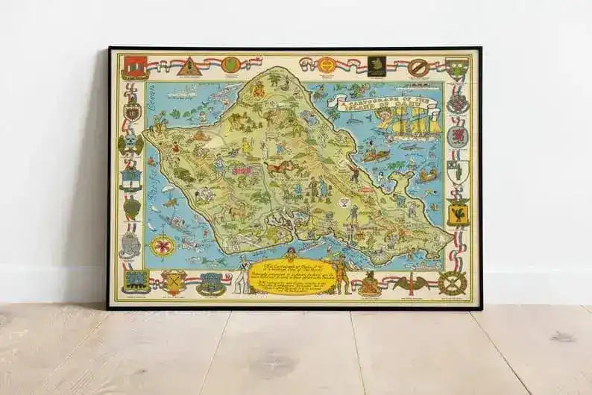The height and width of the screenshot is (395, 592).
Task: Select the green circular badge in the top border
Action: click(230, 65)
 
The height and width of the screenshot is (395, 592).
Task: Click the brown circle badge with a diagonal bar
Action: click(418, 66)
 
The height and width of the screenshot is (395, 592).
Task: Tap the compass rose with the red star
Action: click(160, 245)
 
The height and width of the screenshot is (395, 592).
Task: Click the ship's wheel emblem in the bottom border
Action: click(453, 282)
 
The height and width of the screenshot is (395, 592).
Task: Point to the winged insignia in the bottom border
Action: click(407, 283)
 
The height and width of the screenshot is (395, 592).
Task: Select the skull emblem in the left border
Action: click(131, 142)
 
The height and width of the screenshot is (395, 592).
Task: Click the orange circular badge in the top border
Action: click(326, 65)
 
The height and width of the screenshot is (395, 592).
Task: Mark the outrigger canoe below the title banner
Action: click(379, 157)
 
